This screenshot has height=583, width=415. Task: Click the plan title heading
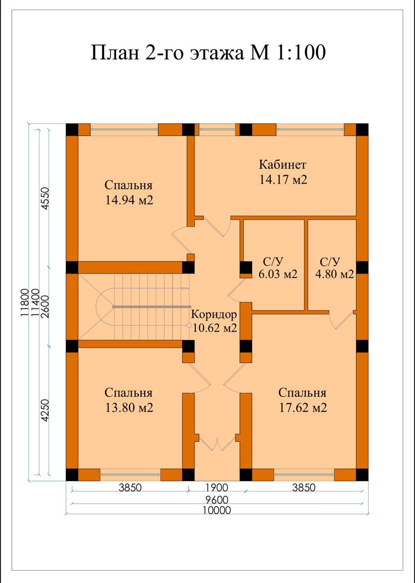point(208,52)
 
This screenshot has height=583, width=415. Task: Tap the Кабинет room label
point(283,165)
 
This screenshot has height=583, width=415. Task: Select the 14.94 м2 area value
point(129,200)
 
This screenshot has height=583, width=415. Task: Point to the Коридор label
point(214,314)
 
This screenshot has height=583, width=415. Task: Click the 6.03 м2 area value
point(278,274)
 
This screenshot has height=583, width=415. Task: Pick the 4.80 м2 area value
point(334,274)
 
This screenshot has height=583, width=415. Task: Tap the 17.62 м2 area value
point(303,408)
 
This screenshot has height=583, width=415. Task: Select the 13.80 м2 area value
point(129,408)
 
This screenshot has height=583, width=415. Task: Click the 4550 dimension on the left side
point(45,198)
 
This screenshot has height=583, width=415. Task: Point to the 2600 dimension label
point(45,307)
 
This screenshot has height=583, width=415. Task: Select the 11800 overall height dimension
point(25,302)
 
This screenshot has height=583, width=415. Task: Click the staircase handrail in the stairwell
point(151,307)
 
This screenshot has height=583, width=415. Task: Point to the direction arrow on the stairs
point(185,288)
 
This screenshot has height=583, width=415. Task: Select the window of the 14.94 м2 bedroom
point(124,129)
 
